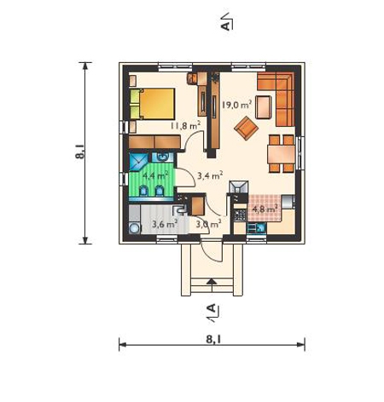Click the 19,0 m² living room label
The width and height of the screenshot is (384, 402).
[x=236, y=105]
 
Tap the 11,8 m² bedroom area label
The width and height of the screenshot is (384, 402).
[x=185, y=125]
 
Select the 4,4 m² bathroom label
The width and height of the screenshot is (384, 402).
[x=154, y=175]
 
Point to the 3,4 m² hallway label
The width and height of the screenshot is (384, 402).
[x=210, y=175]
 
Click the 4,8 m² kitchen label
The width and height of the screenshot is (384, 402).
[x=265, y=210]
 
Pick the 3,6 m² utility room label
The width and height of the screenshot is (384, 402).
[x=165, y=224]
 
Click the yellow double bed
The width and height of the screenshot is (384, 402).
[x=153, y=104]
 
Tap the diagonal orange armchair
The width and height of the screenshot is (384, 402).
[x=246, y=129]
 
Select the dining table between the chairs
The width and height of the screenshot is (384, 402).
[x=282, y=154]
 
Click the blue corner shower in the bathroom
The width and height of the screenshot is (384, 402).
[x=138, y=162]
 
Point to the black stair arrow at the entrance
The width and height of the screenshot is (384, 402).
[x=212, y=281]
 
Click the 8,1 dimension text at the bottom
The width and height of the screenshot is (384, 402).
[x=213, y=339]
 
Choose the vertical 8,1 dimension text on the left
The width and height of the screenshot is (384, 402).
[x=80, y=152]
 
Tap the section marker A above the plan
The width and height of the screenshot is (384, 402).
[x=225, y=26]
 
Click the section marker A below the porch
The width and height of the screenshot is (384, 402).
[x=212, y=308]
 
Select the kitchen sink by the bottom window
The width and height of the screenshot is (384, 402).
[x=256, y=228]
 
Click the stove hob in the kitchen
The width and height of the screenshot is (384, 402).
[x=240, y=215]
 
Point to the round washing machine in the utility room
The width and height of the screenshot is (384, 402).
[x=134, y=228]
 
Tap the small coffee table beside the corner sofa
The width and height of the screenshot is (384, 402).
[x=264, y=107]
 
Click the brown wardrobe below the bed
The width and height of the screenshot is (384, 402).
[x=154, y=142]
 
